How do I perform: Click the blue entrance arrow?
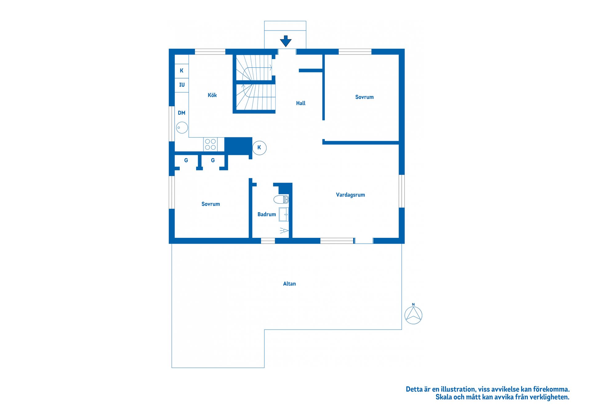(x=286, y=41)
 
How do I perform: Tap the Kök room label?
(x=212, y=95)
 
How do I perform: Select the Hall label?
(x=301, y=103)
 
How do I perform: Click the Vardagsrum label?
(x=350, y=195)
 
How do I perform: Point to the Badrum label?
(x=267, y=214)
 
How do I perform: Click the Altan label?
(x=289, y=284)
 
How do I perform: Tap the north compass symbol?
(x=413, y=314)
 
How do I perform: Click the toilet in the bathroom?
(x=281, y=199)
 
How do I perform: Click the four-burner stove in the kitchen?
(x=210, y=144)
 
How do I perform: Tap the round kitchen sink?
(x=182, y=128)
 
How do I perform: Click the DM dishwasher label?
(x=182, y=113)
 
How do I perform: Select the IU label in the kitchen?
(x=182, y=85)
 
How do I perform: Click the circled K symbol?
(x=259, y=148)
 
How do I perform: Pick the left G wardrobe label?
(x=186, y=160)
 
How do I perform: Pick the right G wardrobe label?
(x=213, y=160)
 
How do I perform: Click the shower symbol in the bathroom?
(x=284, y=230)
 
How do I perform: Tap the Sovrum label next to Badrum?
(x=211, y=204)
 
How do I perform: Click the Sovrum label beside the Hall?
(x=364, y=97)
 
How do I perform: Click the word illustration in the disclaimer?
(x=458, y=389)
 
